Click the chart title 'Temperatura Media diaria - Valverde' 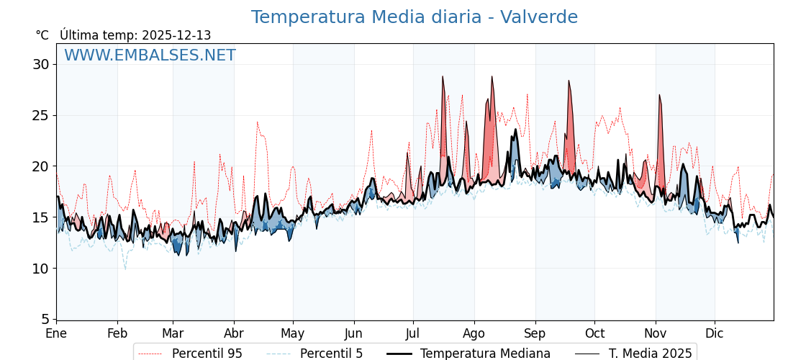pyautogui.click(x=414, y=17)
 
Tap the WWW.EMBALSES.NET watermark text pyautogui.click(x=150, y=55)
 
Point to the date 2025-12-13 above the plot pyautogui.click(x=176, y=35)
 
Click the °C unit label pyautogui.click(x=42, y=35)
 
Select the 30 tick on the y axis pyautogui.click(x=41, y=64)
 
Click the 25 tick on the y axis pyautogui.click(x=41, y=115)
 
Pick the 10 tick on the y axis pyautogui.click(x=41, y=269)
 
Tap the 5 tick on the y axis pyautogui.click(x=45, y=319)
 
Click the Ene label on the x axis pyautogui.click(x=56, y=333)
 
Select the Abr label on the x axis pyautogui.click(x=234, y=333)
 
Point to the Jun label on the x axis pyautogui.click(x=353, y=333)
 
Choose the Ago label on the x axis pyautogui.click(x=474, y=333)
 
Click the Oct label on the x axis pyautogui.click(x=594, y=333)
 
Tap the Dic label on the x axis pyautogui.click(x=715, y=333)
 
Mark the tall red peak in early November pyautogui.click(x=659, y=97)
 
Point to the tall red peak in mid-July pyautogui.click(x=443, y=78)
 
